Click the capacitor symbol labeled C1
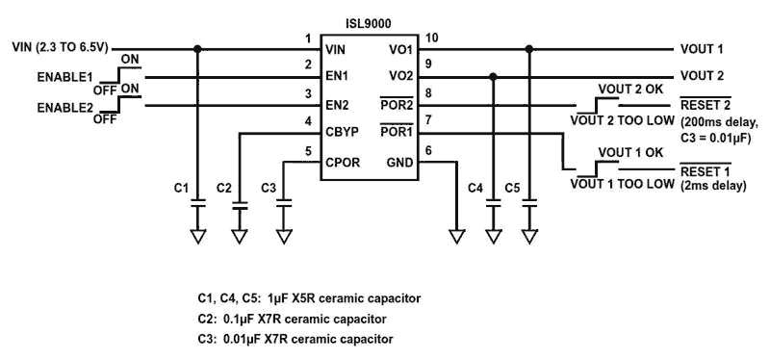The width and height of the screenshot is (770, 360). (197, 204)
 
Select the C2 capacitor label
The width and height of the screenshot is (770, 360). (224, 187)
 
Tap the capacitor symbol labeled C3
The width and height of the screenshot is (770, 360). (283, 204)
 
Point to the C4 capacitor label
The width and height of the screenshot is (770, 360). (475, 187)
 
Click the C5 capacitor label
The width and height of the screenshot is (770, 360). (512, 187)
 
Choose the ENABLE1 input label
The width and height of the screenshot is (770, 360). (65, 76)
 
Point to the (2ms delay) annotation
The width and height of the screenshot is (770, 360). (713, 187)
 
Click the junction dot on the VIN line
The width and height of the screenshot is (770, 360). (197, 48)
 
